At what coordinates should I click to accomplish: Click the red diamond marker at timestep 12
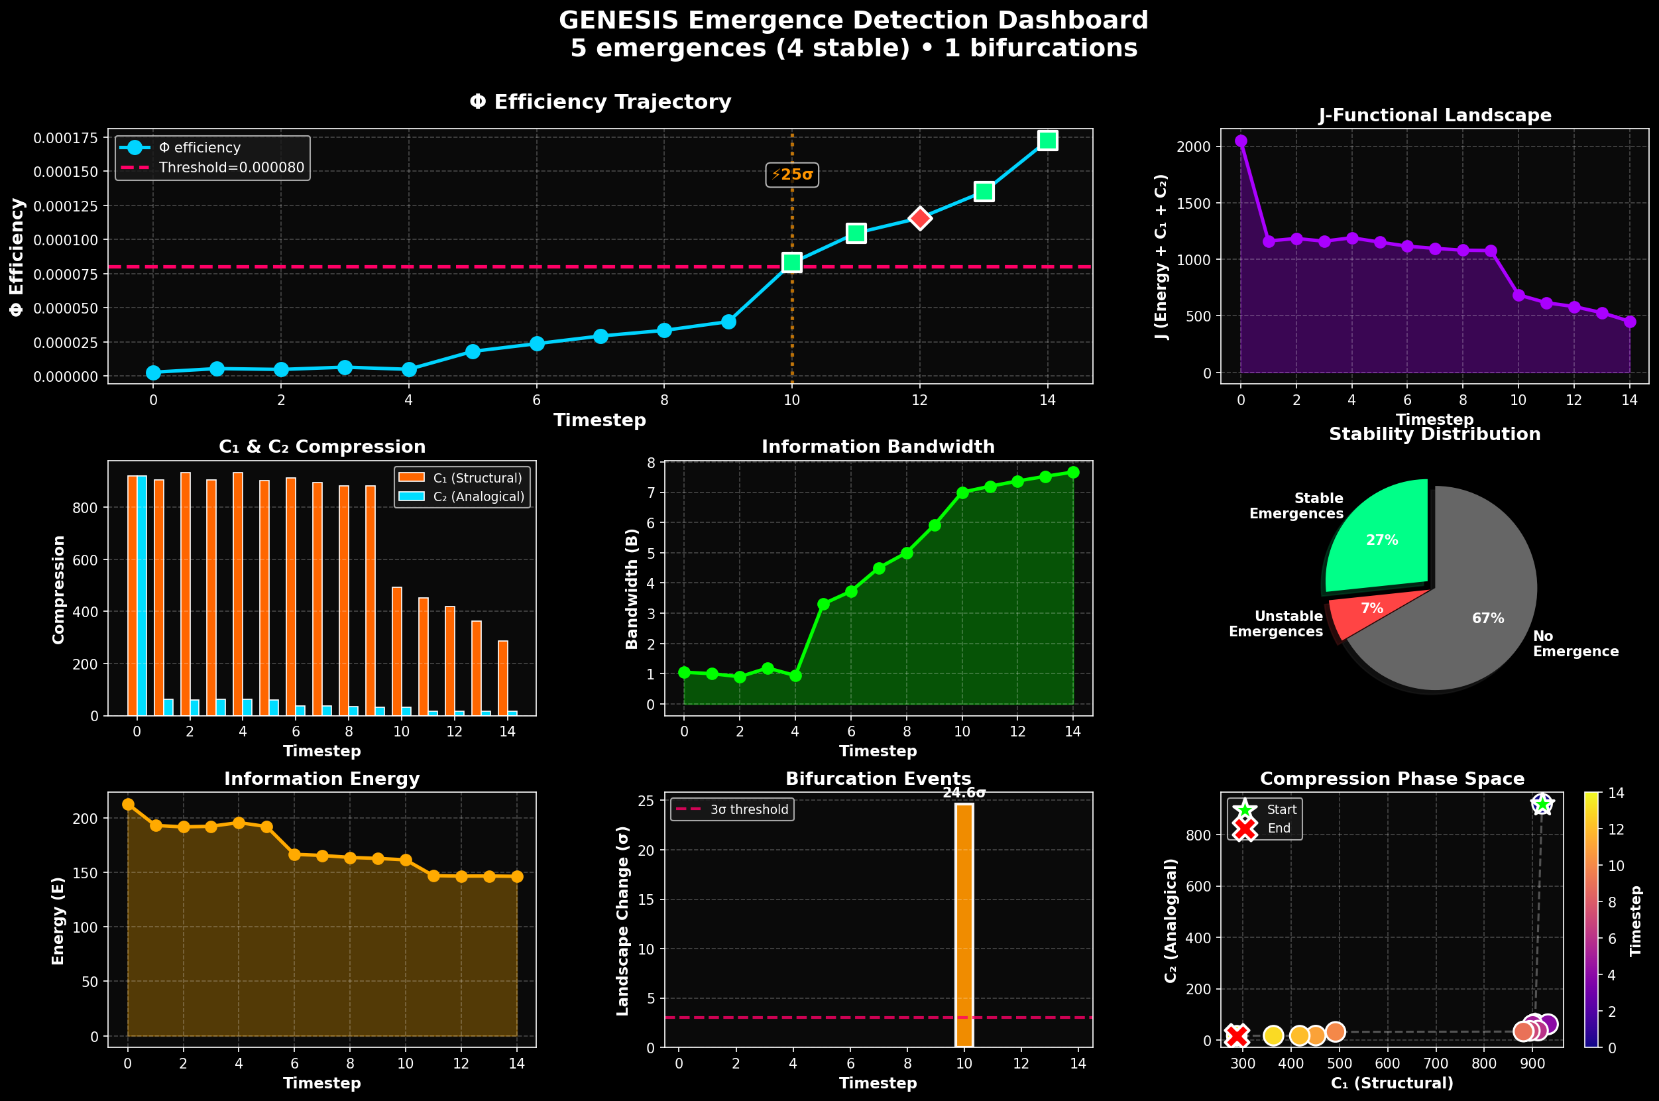[920, 218]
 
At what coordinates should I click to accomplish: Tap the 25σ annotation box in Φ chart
[792, 175]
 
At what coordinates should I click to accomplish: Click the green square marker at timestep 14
[1047, 141]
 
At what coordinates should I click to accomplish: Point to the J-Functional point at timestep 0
[1241, 141]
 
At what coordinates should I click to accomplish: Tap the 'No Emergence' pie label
[1575, 644]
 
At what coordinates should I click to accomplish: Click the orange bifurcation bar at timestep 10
[964, 927]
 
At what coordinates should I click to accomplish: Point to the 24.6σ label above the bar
[964, 793]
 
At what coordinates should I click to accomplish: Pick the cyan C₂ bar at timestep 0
[142, 597]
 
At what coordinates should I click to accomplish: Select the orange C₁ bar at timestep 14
[502, 677]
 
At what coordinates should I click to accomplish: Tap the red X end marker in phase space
[1237, 1035]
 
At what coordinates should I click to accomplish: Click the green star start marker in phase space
[1542, 805]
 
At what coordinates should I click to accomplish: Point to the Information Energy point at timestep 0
[128, 805]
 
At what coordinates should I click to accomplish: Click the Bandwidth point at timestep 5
[823, 604]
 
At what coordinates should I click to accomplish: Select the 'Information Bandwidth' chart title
[878, 447]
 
